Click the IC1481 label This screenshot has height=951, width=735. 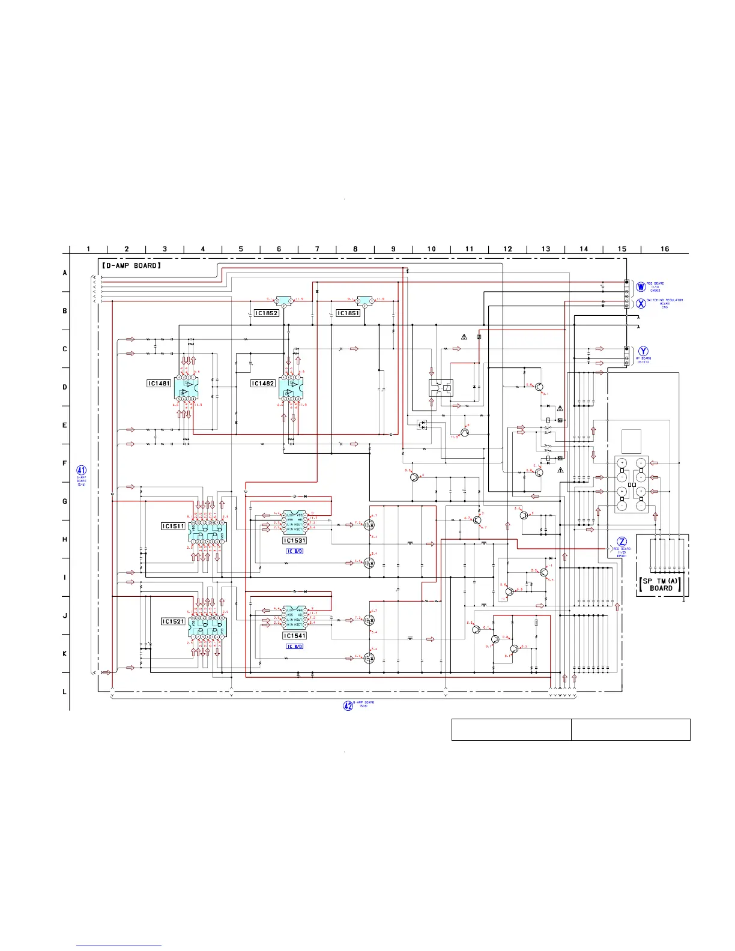point(159,383)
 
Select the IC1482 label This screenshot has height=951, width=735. point(263,383)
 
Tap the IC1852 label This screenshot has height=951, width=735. point(267,313)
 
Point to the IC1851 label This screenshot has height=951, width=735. point(348,313)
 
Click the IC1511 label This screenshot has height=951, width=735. point(173,526)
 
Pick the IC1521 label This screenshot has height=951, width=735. point(173,621)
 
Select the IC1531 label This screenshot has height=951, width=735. point(295,540)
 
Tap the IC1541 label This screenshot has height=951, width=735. point(295,636)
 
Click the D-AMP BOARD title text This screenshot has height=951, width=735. point(131,265)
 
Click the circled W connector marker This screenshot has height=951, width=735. point(641,287)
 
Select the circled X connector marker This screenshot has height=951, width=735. point(641,304)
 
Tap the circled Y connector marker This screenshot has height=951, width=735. point(644,351)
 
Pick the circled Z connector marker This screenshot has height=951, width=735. point(622,542)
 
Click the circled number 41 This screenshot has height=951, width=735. point(82,471)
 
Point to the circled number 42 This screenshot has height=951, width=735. point(348,705)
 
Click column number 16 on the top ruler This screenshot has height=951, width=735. point(665,249)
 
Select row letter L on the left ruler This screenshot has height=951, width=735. point(65,692)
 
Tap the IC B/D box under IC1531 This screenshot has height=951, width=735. point(295,551)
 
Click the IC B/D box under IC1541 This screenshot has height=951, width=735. point(295,647)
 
